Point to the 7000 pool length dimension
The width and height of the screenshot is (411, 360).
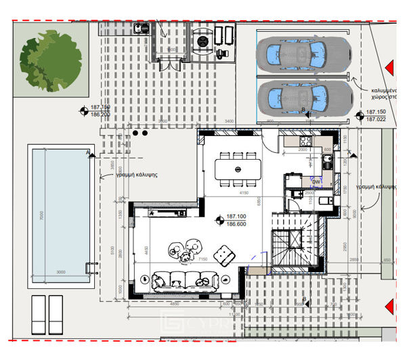click(41, 216)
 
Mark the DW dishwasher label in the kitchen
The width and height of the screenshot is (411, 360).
click(316, 181)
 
